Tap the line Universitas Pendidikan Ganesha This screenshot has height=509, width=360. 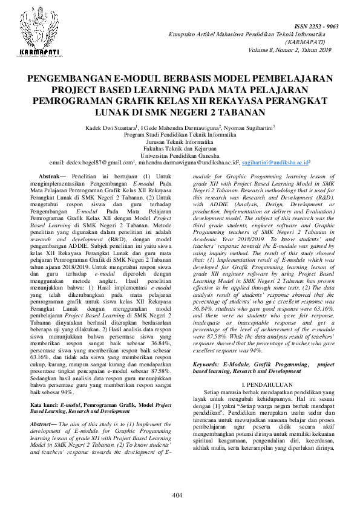click(180, 155)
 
